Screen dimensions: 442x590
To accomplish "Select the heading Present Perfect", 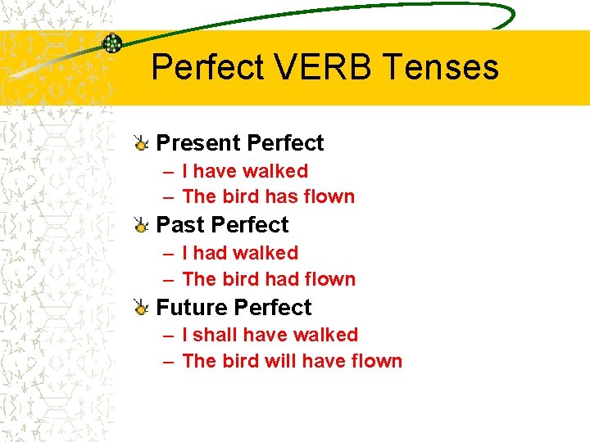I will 240,143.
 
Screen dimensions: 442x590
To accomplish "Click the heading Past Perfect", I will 222,225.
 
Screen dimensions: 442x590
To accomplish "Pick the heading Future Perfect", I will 234,308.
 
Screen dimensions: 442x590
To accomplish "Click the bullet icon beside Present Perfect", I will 141,144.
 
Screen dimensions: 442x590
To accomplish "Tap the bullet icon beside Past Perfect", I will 141,226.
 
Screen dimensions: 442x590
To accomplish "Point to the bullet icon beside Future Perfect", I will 141,309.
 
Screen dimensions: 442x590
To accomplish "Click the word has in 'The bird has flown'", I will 261,196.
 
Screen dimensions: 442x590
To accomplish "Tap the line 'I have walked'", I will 245,171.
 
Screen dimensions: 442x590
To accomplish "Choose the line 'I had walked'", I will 240,253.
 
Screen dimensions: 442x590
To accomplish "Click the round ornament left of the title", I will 111,43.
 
